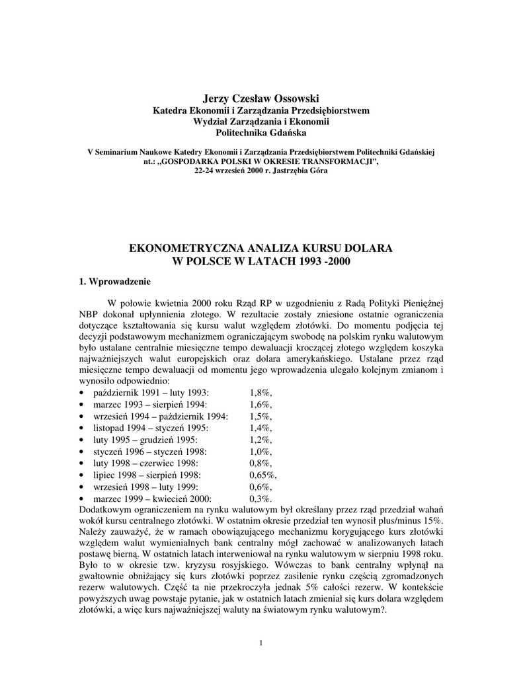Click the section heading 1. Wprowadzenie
click(114, 281)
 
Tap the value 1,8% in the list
click(261, 393)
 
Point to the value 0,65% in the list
click(262, 475)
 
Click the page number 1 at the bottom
click(262, 643)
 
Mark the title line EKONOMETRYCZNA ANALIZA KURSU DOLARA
click(261, 248)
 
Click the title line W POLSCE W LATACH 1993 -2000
click(261, 261)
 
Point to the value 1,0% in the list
click(261, 452)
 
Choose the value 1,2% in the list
click(261, 440)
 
